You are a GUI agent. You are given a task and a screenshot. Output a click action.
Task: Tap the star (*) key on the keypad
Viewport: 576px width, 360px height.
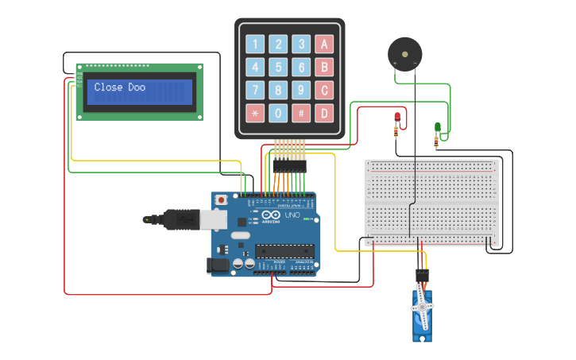[x=255, y=113]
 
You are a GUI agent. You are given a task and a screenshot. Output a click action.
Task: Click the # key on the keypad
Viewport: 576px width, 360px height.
[x=301, y=113]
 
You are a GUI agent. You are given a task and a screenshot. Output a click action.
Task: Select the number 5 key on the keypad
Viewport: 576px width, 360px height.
[x=278, y=67]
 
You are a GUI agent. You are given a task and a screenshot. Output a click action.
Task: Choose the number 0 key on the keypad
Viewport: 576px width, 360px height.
[x=278, y=113]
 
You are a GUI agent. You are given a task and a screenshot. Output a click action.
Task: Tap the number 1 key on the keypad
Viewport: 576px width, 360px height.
[x=255, y=44]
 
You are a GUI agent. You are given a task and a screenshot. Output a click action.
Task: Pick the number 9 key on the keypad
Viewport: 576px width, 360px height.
[x=301, y=90]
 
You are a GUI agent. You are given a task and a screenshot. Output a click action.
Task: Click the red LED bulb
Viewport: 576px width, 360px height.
[x=397, y=118]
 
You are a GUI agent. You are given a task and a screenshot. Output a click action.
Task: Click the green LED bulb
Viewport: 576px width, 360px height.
[x=437, y=126]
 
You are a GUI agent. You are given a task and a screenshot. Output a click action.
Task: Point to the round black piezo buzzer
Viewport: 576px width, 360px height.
[x=404, y=53]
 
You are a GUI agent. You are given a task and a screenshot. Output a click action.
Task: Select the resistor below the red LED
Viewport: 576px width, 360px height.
[x=396, y=134]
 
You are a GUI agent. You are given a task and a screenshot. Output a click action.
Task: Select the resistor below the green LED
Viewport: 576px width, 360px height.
[x=435, y=142]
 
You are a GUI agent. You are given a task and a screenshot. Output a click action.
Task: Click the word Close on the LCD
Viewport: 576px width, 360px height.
[x=109, y=87]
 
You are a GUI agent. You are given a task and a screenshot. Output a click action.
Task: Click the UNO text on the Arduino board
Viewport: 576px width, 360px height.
[x=292, y=215]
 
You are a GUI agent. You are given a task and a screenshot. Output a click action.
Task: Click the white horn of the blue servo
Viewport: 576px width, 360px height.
[x=422, y=307]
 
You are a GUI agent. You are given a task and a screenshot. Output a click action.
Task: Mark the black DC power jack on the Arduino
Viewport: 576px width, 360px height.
[x=217, y=265]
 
